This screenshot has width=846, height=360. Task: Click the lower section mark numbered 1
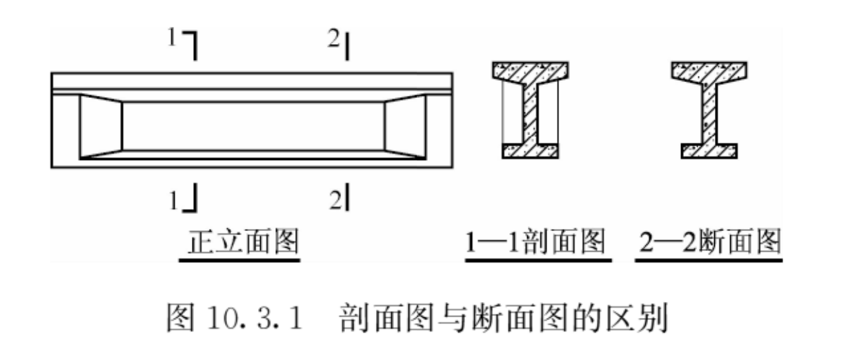(x=187, y=199)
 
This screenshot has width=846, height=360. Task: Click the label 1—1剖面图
(x=534, y=242)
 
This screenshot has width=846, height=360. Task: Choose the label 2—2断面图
(x=708, y=242)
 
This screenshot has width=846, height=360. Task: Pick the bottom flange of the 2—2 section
(x=709, y=151)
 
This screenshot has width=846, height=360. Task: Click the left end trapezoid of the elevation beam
(x=101, y=127)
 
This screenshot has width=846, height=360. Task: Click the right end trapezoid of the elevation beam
(x=406, y=127)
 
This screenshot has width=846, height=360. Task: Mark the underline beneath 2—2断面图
(x=708, y=261)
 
